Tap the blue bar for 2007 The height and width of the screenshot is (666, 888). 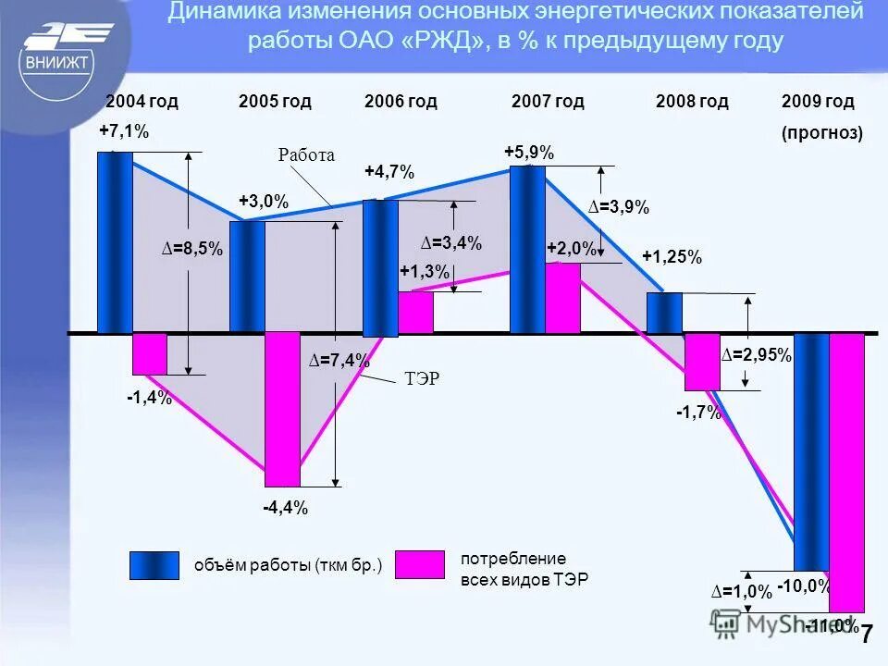click(x=527, y=250)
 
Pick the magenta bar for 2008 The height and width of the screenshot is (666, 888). click(x=702, y=362)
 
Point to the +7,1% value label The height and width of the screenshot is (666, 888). click(x=124, y=132)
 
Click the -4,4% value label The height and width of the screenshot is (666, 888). click(x=285, y=508)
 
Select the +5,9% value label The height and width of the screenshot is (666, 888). click(x=529, y=153)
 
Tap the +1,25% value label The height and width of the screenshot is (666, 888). click(x=672, y=257)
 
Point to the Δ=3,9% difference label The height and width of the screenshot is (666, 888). click(x=619, y=208)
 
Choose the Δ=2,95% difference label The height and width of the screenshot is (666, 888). click(x=756, y=355)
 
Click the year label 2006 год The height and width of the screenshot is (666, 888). click(x=401, y=101)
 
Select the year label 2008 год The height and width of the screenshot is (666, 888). click(x=692, y=101)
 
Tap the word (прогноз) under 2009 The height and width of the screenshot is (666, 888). click(x=821, y=132)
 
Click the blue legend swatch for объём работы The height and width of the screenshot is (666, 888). click(x=154, y=565)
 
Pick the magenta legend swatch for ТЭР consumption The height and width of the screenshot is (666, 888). click(x=419, y=564)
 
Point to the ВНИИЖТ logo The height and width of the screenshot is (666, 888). click(x=60, y=60)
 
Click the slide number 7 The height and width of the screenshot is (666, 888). click(x=867, y=635)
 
